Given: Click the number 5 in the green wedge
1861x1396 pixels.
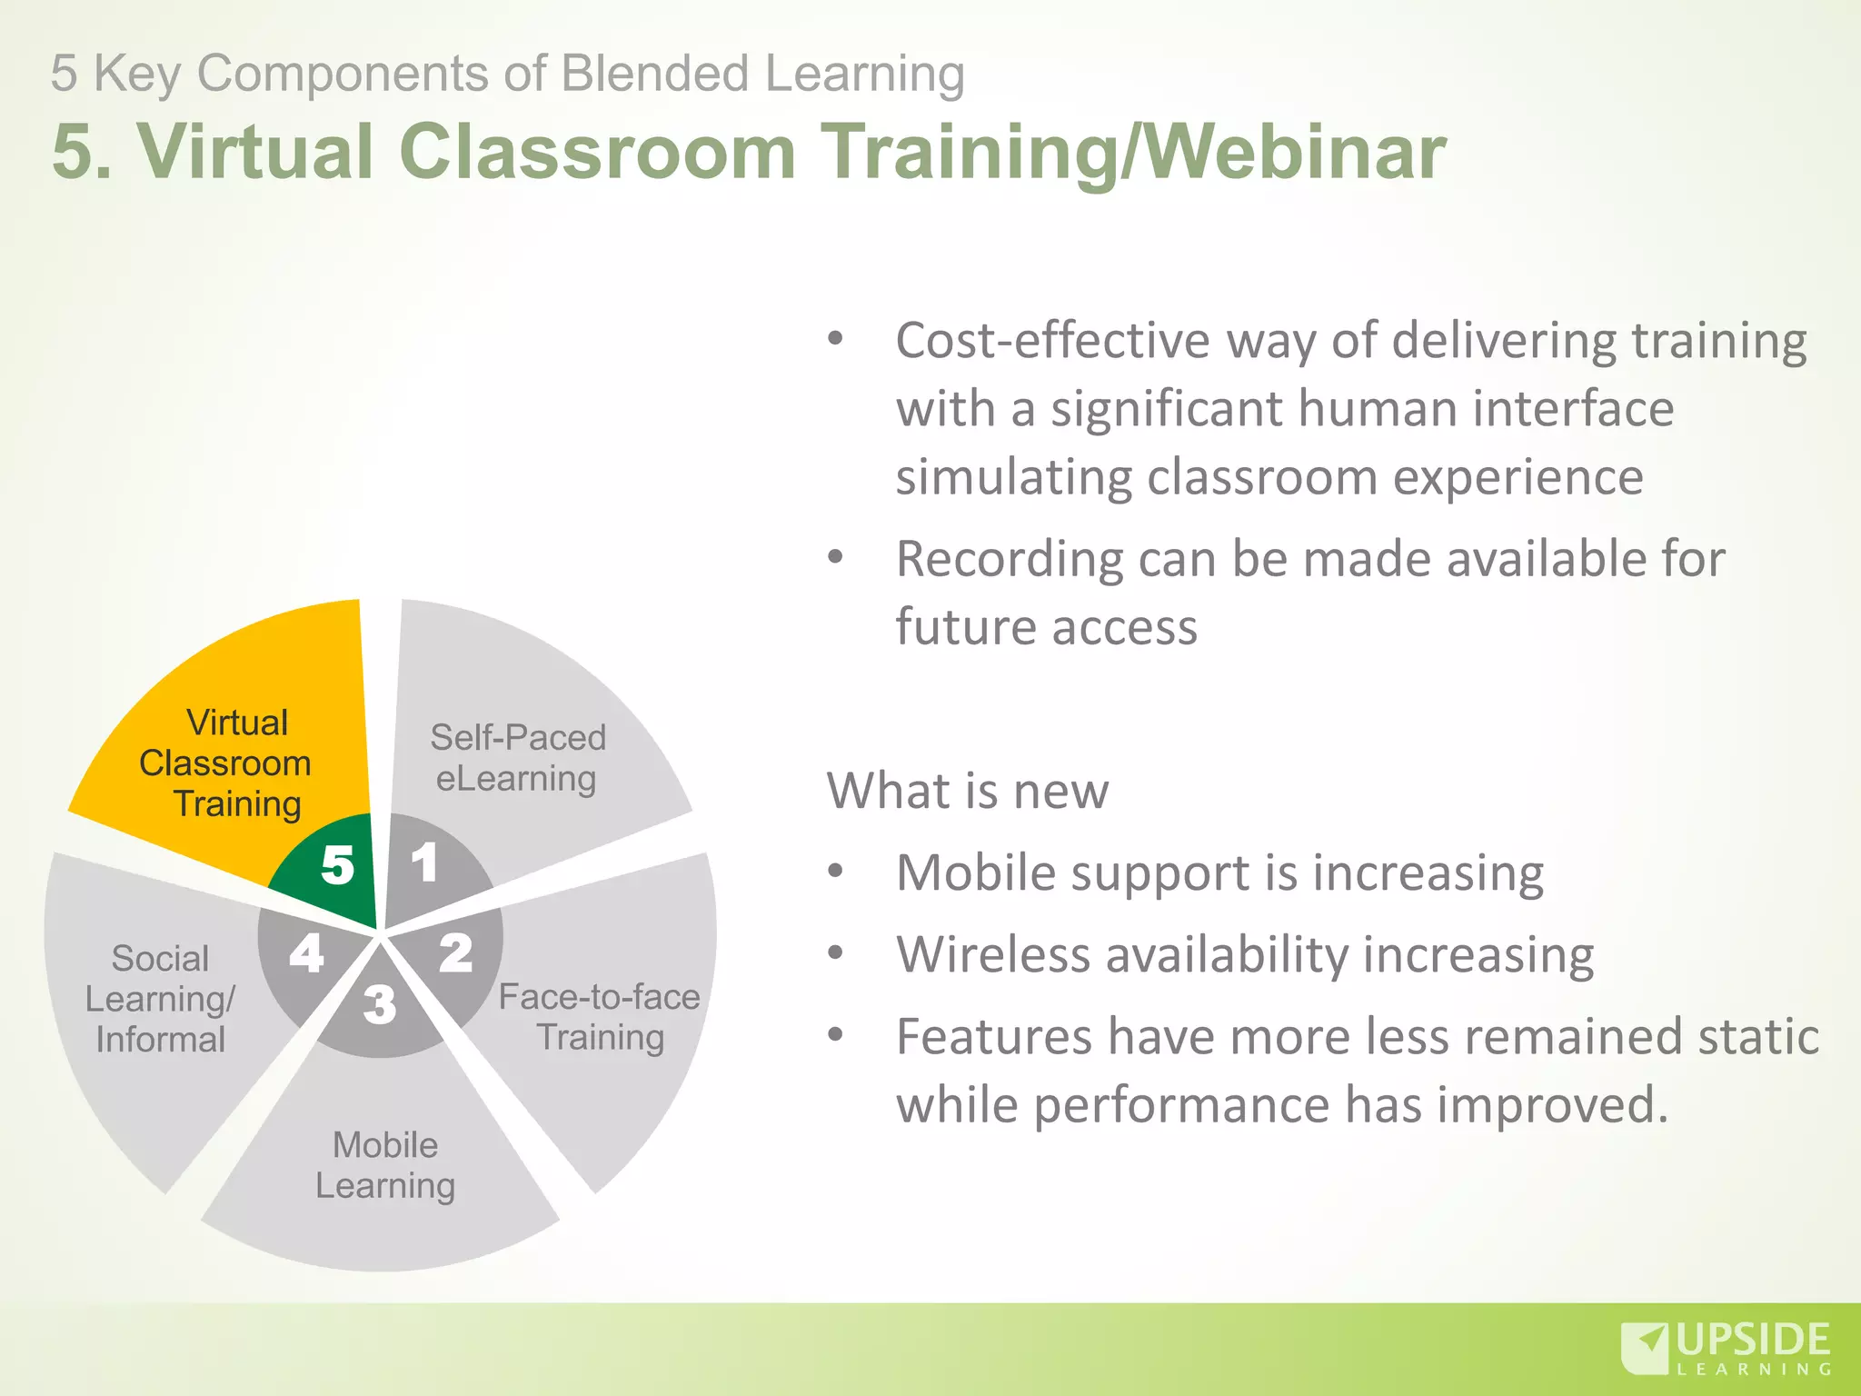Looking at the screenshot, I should coord(337,865).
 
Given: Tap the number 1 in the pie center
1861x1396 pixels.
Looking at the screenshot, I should coord(424,863).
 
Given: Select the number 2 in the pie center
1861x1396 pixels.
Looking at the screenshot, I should coord(456,953).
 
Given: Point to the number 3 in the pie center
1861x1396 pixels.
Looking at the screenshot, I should coord(380,1005).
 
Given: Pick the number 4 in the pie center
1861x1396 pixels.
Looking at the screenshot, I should coord(306,954).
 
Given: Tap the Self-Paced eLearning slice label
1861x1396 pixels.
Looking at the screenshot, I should coord(517,758).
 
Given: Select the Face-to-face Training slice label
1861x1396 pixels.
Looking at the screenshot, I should coord(599,1017).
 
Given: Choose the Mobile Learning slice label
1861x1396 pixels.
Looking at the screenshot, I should coord(385,1165).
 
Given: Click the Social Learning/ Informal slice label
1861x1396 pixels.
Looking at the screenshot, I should coord(160,999).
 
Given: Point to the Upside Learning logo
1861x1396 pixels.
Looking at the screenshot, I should coord(1726,1347).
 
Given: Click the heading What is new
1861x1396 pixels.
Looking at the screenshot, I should coord(968,791).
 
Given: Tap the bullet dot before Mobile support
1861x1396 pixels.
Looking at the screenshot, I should coord(835,872).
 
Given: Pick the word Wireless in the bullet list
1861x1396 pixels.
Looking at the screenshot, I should coord(984,955).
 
